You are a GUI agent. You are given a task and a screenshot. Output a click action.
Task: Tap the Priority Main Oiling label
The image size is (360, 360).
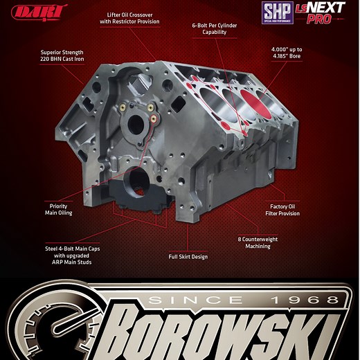coord(58,209)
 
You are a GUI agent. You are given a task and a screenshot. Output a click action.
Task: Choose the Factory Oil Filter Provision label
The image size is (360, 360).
coord(285,210)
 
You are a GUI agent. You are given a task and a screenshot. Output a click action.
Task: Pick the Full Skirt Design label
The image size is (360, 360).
coord(188,257)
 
